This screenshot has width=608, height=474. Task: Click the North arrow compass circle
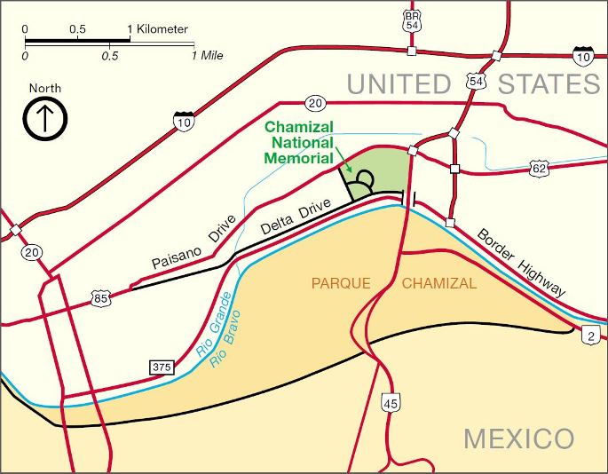(x=45, y=120)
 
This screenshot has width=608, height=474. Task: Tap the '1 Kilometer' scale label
(x=160, y=29)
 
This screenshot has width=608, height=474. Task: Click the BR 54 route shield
(x=410, y=20)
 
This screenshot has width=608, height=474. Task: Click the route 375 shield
(x=162, y=367)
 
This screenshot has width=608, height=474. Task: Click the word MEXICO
(x=518, y=438)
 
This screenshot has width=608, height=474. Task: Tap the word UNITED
(x=399, y=84)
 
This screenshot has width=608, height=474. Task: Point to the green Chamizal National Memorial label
(x=300, y=143)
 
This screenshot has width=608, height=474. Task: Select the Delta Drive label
(x=296, y=218)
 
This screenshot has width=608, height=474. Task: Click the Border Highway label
(x=521, y=263)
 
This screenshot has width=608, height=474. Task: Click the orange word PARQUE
(x=341, y=285)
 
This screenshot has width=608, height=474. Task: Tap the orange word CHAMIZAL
(x=439, y=285)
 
